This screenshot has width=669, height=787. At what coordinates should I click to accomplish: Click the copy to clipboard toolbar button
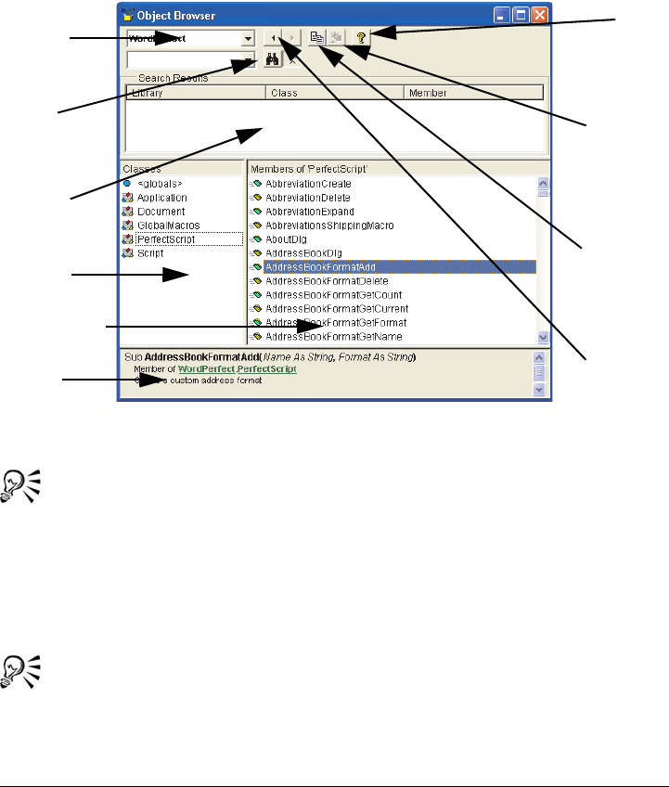pyautogui.click(x=316, y=38)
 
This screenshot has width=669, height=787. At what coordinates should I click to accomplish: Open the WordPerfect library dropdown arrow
pyautogui.click(x=248, y=39)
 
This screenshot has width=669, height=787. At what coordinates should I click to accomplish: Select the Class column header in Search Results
pyautogui.click(x=334, y=93)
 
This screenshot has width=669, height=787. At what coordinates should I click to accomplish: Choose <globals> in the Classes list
pyautogui.click(x=152, y=184)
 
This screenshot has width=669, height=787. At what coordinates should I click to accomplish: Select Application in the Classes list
pyautogui.click(x=161, y=198)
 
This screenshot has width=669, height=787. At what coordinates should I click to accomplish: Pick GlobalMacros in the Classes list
pyautogui.click(x=167, y=226)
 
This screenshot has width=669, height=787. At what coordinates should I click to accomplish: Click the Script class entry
pyautogui.click(x=150, y=253)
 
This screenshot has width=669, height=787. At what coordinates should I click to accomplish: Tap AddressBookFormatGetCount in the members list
pyautogui.click(x=324, y=294)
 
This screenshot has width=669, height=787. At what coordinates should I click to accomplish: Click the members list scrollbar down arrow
pyautogui.click(x=544, y=338)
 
